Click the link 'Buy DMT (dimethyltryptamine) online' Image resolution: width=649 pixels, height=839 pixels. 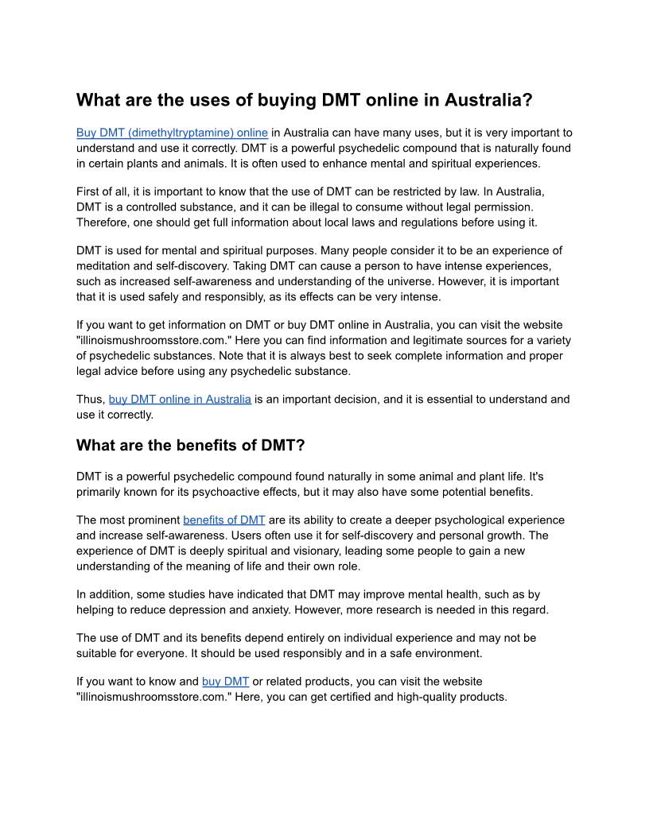tap(172, 133)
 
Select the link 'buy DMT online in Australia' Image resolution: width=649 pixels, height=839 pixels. tap(180, 399)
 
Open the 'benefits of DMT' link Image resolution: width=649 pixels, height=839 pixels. tap(223, 520)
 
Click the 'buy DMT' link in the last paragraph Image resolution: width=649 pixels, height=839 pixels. tap(225, 681)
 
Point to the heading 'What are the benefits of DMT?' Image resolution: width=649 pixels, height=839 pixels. tap(190, 445)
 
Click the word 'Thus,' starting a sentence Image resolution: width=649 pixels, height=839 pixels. tap(91, 399)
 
